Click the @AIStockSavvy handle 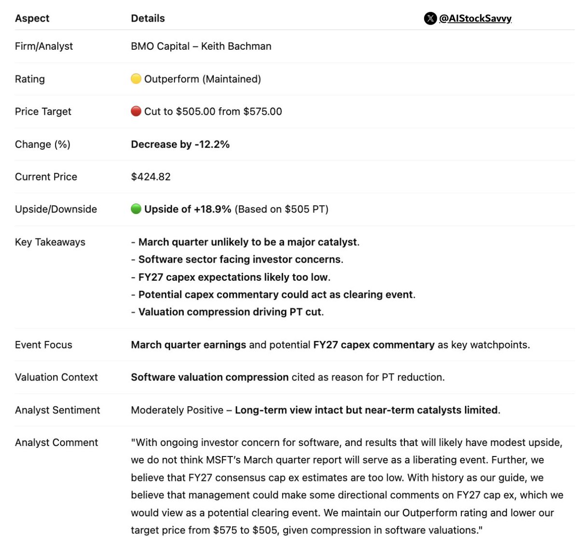[475, 18]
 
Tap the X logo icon [430, 18]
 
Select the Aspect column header [32, 18]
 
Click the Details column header [148, 18]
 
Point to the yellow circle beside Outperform [136, 79]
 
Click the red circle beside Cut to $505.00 [136, 111]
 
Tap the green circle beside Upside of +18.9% [136, 209]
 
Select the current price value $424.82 [151, 177]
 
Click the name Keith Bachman [236, 46]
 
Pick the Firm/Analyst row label [44, 46]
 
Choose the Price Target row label [43, 112]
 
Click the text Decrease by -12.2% [180, 144]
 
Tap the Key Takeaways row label [50, 242]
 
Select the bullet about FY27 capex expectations [234, 277]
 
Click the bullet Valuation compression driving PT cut [231, 312]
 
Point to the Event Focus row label [43, 345]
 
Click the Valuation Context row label [56, 377]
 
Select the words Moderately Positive [177, 410]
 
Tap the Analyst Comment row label [56, 442]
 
